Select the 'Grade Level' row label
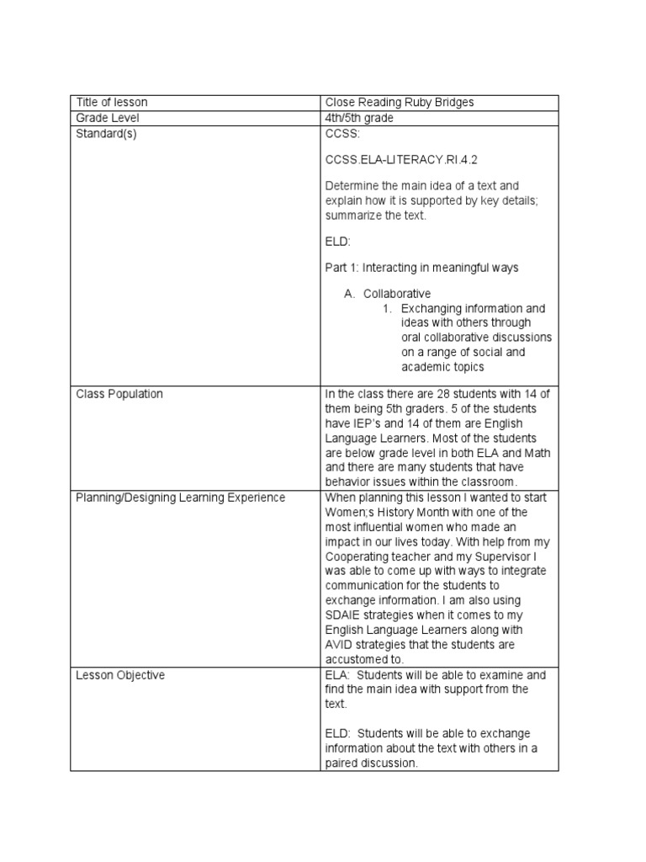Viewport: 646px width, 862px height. click(108, 118)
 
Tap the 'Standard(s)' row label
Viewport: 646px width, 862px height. click(106, 134)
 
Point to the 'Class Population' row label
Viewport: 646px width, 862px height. click(119, 394)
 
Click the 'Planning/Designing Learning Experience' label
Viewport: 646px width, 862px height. click(181, 498)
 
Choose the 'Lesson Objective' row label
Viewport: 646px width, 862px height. click(120, 675)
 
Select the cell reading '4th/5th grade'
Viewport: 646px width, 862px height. click(359, 118)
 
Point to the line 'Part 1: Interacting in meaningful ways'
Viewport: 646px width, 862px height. click(421, 268)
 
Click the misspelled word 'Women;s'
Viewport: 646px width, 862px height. click(348, 512)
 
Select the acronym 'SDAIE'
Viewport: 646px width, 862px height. click(343, 615)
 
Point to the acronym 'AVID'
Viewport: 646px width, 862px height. click(340, 645)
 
